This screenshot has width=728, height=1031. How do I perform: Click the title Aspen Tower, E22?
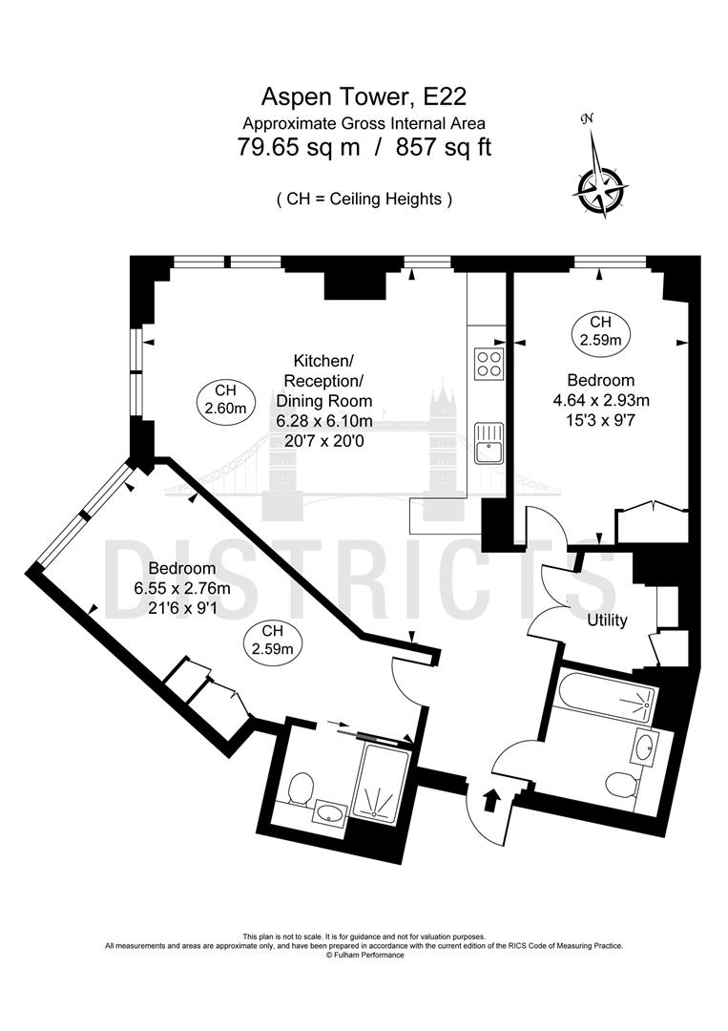click(364, 96)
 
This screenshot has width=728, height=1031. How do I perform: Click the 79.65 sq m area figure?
click(299, 147)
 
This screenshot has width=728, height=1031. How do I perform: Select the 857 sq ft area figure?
click(444, 147)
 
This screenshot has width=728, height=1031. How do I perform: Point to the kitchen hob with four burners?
click(489, 363)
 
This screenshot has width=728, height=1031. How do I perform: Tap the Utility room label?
click(607, 621)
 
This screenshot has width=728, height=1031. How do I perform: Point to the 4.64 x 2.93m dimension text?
click(600, 400)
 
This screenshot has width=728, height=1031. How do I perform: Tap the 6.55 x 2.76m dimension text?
click(182, 588)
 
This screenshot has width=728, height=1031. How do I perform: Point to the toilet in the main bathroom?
click(620, 784)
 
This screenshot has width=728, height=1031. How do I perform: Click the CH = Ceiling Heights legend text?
click(364, 199)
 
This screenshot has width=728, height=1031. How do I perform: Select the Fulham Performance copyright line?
click(364, 955)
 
